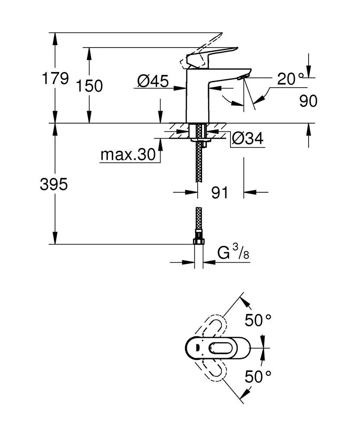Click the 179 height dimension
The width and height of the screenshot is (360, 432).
pyautogui.click(x=54, y=79)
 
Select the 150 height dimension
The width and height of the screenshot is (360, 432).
pyautogui.click(x=89, y=86)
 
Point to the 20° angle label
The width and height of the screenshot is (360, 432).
pyautogui.click(x=291, y=79)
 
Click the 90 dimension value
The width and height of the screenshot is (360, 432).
pyautogui.click(x=308, y=101)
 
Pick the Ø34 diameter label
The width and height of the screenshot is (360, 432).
pyautogui.click(x=247, y=138)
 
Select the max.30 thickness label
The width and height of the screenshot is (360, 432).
pyautogui.click(x=127, y=155)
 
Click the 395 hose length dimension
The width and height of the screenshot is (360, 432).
pyautogui.click(x=54, y=184)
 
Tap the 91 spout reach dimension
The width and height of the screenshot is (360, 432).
pyautogui.click(x=220, y=193)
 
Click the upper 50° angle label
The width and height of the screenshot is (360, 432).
pyautogui.click(x=258, y=320)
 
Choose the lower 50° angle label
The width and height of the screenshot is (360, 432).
pyautogui.click(x=258, y=377)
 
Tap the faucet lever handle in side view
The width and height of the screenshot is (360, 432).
pyautogui.click(x=212, y=56)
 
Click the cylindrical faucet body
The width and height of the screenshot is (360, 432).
pyautogui.click(x=196, y=97)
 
